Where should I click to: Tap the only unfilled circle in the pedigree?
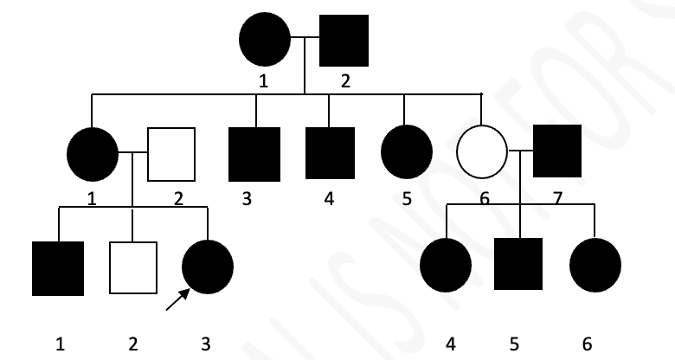pyautogui.click(x=482, y=154)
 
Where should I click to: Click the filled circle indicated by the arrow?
pyautogui.click(x=208, y=266)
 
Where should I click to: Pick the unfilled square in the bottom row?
pyautogui.click(x=132, y=267)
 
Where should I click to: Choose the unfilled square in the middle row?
pyautogui.click(x=170, y=154)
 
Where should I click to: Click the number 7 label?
pyautogui.click(x=557, y=199)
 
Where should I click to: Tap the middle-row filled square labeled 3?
pyautogui.click(x=255, y=154)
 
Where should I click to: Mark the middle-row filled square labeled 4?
pyautogui.click(x=330, y=153)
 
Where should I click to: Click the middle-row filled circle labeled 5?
pyautogui.click(x=406, y=153)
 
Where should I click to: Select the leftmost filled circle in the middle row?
pyautogui.click(x=93, y=154)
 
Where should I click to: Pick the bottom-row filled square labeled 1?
pyautogui.click(x=58, y=268)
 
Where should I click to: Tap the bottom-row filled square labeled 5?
pyautogui.click(x=518, y=264)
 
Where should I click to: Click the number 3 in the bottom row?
pyautogui.click(x=205, y=344)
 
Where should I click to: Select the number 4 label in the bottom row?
pyautogui.click(x=450, y=344)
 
